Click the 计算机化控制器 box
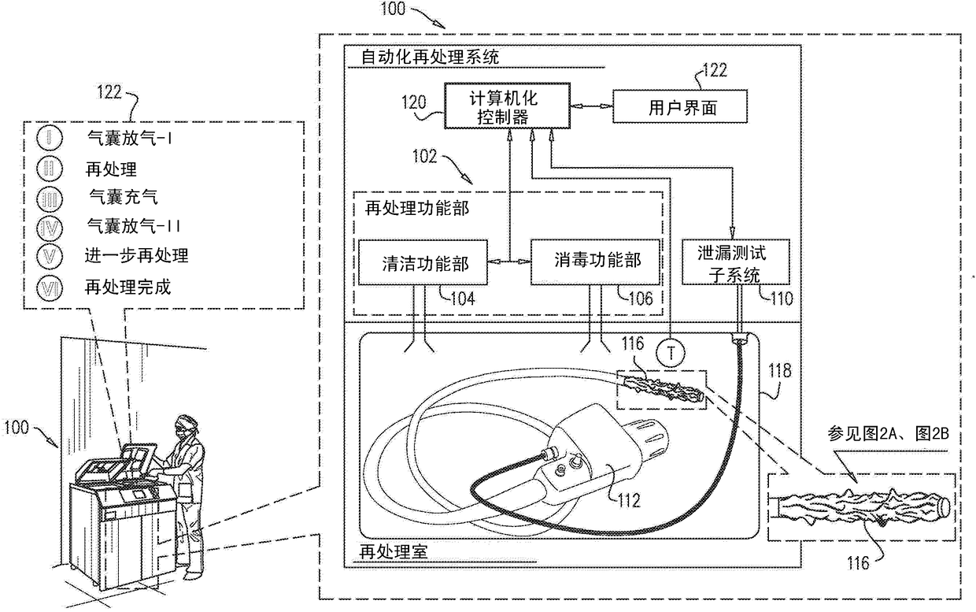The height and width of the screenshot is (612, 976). (507, 106)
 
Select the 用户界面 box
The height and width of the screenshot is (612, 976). (680, 106)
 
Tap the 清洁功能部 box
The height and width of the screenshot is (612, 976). (423, 262)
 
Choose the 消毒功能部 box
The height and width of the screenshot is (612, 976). (595, 261)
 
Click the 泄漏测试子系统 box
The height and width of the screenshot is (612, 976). (735, 261)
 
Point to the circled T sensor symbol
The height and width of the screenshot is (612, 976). (671, 353)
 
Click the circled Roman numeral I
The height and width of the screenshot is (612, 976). (50, 138)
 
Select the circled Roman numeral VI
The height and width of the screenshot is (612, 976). (50, 288)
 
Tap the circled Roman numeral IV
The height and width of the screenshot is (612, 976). (50, 228)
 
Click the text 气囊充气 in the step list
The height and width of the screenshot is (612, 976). (124, 197)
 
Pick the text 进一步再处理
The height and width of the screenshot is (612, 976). (136, 255)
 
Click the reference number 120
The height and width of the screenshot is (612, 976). (413, 102)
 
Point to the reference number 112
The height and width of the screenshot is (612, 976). (628, 500)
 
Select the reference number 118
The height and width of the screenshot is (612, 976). (779, 370)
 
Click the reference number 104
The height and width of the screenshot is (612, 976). (463, 299)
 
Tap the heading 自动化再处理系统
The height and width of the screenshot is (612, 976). (430, 57)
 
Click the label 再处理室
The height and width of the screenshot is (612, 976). (394, 552)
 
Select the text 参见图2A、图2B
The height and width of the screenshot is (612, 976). (888, 434)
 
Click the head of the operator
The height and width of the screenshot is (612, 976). (186, 425)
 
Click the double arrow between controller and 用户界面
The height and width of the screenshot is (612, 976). (592, 106)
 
